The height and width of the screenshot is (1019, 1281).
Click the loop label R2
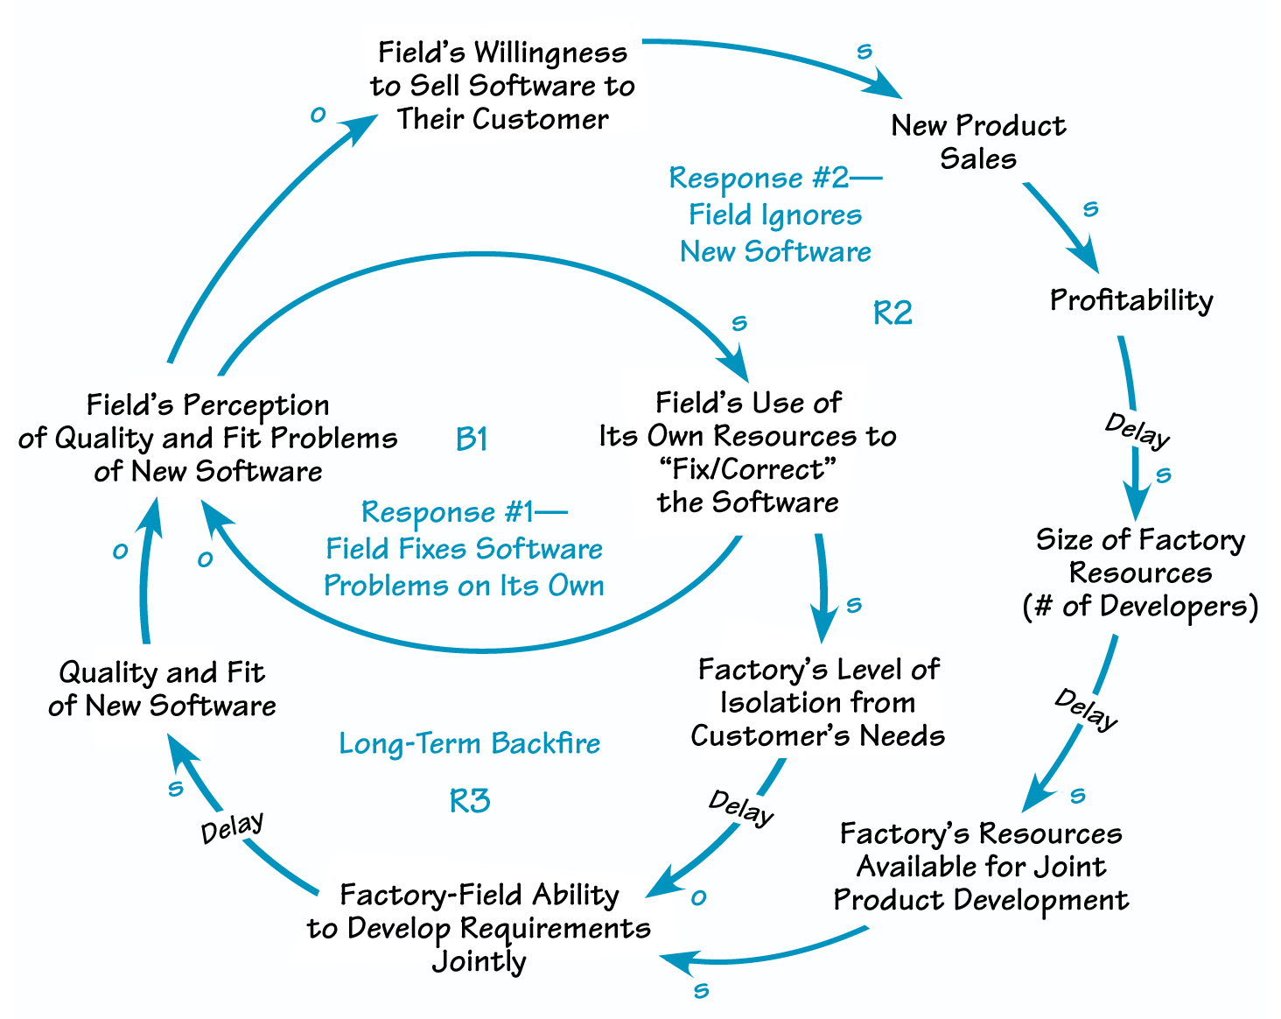point(892,313)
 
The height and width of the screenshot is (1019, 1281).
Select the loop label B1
point(472,439)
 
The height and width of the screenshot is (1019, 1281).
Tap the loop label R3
point(470,800)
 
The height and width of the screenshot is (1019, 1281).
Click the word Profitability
point(1131,300)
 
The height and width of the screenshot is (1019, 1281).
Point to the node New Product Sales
point(978,142)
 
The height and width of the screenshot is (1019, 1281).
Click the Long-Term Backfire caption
point(470,744)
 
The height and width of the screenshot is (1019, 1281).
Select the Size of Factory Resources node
point(1140,573)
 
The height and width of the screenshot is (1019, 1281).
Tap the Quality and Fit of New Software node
point(163,689)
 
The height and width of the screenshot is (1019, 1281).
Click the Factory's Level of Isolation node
point(818,702)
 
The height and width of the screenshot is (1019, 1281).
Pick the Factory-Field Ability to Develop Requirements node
point(479,928)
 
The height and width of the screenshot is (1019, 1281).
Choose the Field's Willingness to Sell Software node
point(502,86)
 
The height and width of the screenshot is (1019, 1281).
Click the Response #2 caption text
point(776,214)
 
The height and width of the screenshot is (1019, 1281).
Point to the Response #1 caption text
point(464,549)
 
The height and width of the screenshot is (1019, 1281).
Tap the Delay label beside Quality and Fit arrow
point(232,827)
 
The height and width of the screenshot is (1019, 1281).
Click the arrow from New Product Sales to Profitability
point(1060,224)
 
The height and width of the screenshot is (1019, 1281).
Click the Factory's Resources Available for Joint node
point(981,867)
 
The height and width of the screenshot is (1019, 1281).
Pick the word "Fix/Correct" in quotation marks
point(747,469)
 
